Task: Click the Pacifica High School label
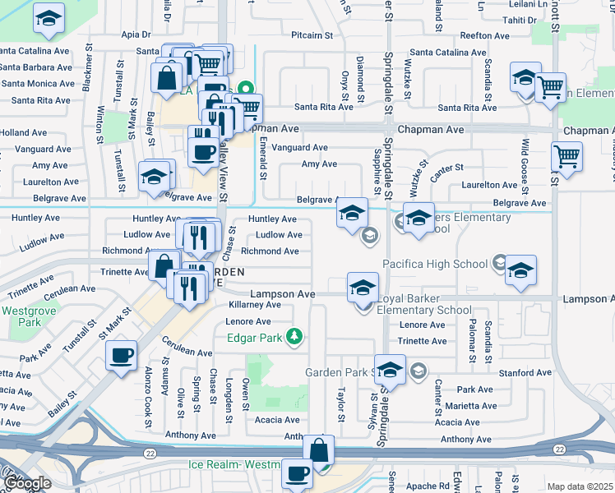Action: pos(435,264)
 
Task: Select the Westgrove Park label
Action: pos(21,316)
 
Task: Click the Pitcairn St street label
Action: pos(312,35)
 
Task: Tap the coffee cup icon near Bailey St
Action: pos(122,356)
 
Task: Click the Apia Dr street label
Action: pos(136,35)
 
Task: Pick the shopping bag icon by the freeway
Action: pos(318,451)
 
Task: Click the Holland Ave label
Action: pos(24,132)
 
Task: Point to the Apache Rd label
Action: pos(427,486)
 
